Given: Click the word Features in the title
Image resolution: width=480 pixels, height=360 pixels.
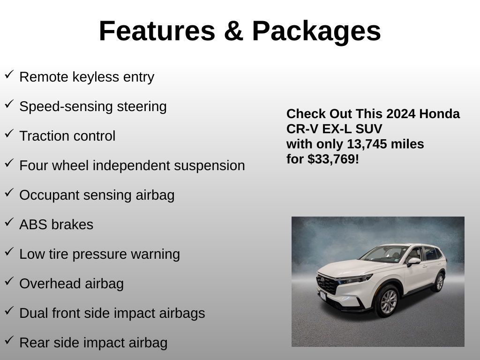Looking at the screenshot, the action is (157, 31).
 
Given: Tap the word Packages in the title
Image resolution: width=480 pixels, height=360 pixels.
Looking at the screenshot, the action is (316, 32).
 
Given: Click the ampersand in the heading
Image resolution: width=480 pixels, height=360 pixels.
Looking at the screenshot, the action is (233, 31).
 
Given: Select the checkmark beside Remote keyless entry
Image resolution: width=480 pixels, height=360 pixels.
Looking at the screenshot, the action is (9, 75).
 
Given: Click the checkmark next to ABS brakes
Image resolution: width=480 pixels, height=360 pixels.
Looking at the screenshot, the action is (9, 222).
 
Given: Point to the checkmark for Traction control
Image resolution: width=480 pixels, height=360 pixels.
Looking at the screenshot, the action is (9, 134).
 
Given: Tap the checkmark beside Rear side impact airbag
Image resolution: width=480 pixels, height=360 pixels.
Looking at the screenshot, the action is (9, 340).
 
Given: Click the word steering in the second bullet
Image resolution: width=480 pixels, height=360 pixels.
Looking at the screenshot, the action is (142, 107).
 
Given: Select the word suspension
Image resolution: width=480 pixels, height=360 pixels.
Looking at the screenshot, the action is (210, 166).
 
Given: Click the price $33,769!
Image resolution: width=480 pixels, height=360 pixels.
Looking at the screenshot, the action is (333, 159).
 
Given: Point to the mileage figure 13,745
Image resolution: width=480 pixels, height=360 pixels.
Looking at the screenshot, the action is (367, 144).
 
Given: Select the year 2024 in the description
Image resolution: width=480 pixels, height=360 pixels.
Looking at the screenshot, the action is (401, 113).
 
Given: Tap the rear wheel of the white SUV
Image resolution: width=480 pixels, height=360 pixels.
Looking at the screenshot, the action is (439, 282).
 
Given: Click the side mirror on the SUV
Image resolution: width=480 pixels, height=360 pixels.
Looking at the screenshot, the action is (413, 262).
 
